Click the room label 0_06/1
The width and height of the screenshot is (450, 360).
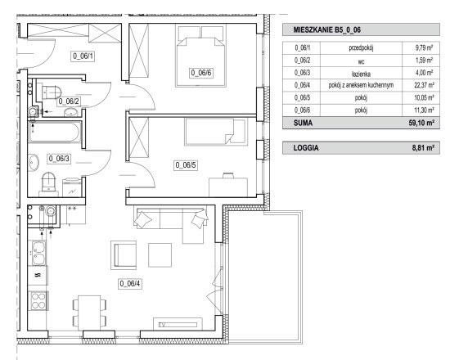83,56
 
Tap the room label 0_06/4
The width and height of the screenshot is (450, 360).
130,284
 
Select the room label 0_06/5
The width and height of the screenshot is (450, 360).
186,165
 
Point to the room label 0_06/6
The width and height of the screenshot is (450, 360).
201,73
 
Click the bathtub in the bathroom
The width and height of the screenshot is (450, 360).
55,132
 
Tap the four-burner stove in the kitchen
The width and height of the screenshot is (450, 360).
38,300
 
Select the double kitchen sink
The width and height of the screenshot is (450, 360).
38,253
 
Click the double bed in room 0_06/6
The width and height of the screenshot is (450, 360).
201,56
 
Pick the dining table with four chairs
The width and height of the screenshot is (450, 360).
89,313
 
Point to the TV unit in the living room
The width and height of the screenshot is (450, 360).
178,324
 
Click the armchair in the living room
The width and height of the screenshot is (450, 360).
124,255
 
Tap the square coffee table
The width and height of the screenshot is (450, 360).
160,255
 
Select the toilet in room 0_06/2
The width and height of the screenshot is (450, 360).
52,92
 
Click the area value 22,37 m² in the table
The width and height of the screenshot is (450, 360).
424,85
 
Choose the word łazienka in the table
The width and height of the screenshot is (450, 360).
361,74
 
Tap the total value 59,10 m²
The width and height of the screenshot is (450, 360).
421,124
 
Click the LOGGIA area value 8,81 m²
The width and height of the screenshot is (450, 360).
423,148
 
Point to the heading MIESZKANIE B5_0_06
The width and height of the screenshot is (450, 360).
327,29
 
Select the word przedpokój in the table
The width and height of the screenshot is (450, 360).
361,48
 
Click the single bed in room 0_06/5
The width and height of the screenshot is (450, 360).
216,132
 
